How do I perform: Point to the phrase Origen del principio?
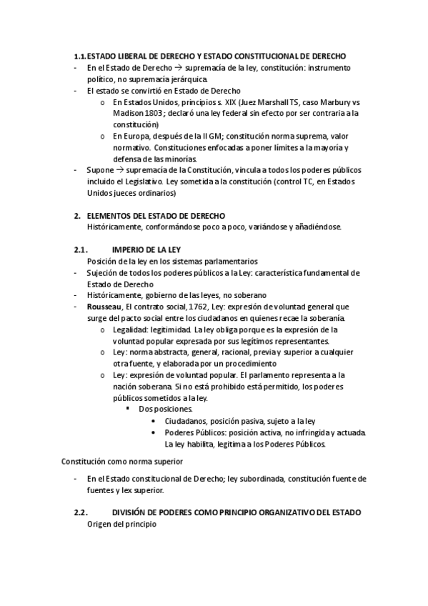121,524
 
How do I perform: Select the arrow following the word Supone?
119,169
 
